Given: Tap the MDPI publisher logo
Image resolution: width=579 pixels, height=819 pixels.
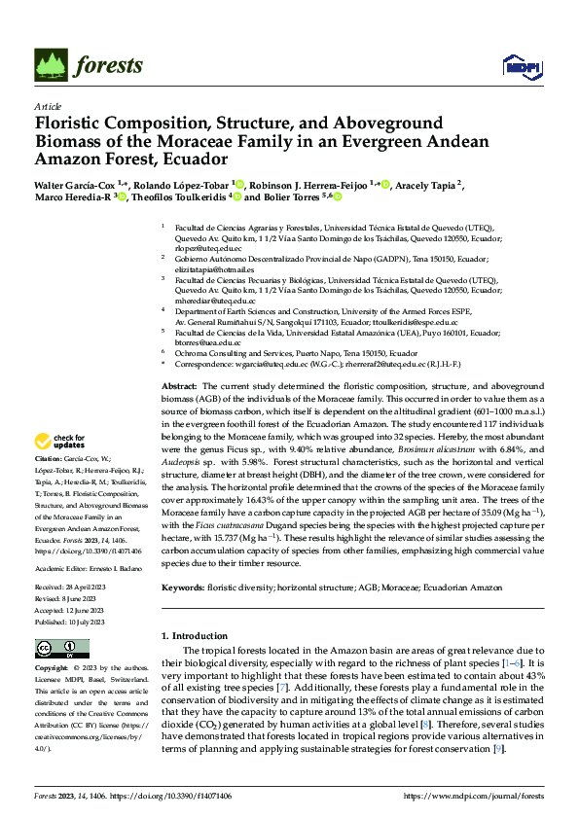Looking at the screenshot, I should coord(521,66).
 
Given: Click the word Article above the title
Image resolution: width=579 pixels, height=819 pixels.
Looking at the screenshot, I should coord(48,106).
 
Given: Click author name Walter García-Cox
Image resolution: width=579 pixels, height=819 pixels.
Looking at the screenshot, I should coord(75,184).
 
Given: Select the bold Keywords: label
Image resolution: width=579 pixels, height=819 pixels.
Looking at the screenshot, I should coord(183,588).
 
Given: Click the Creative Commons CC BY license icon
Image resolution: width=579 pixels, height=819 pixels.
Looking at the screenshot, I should coord(54,648).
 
